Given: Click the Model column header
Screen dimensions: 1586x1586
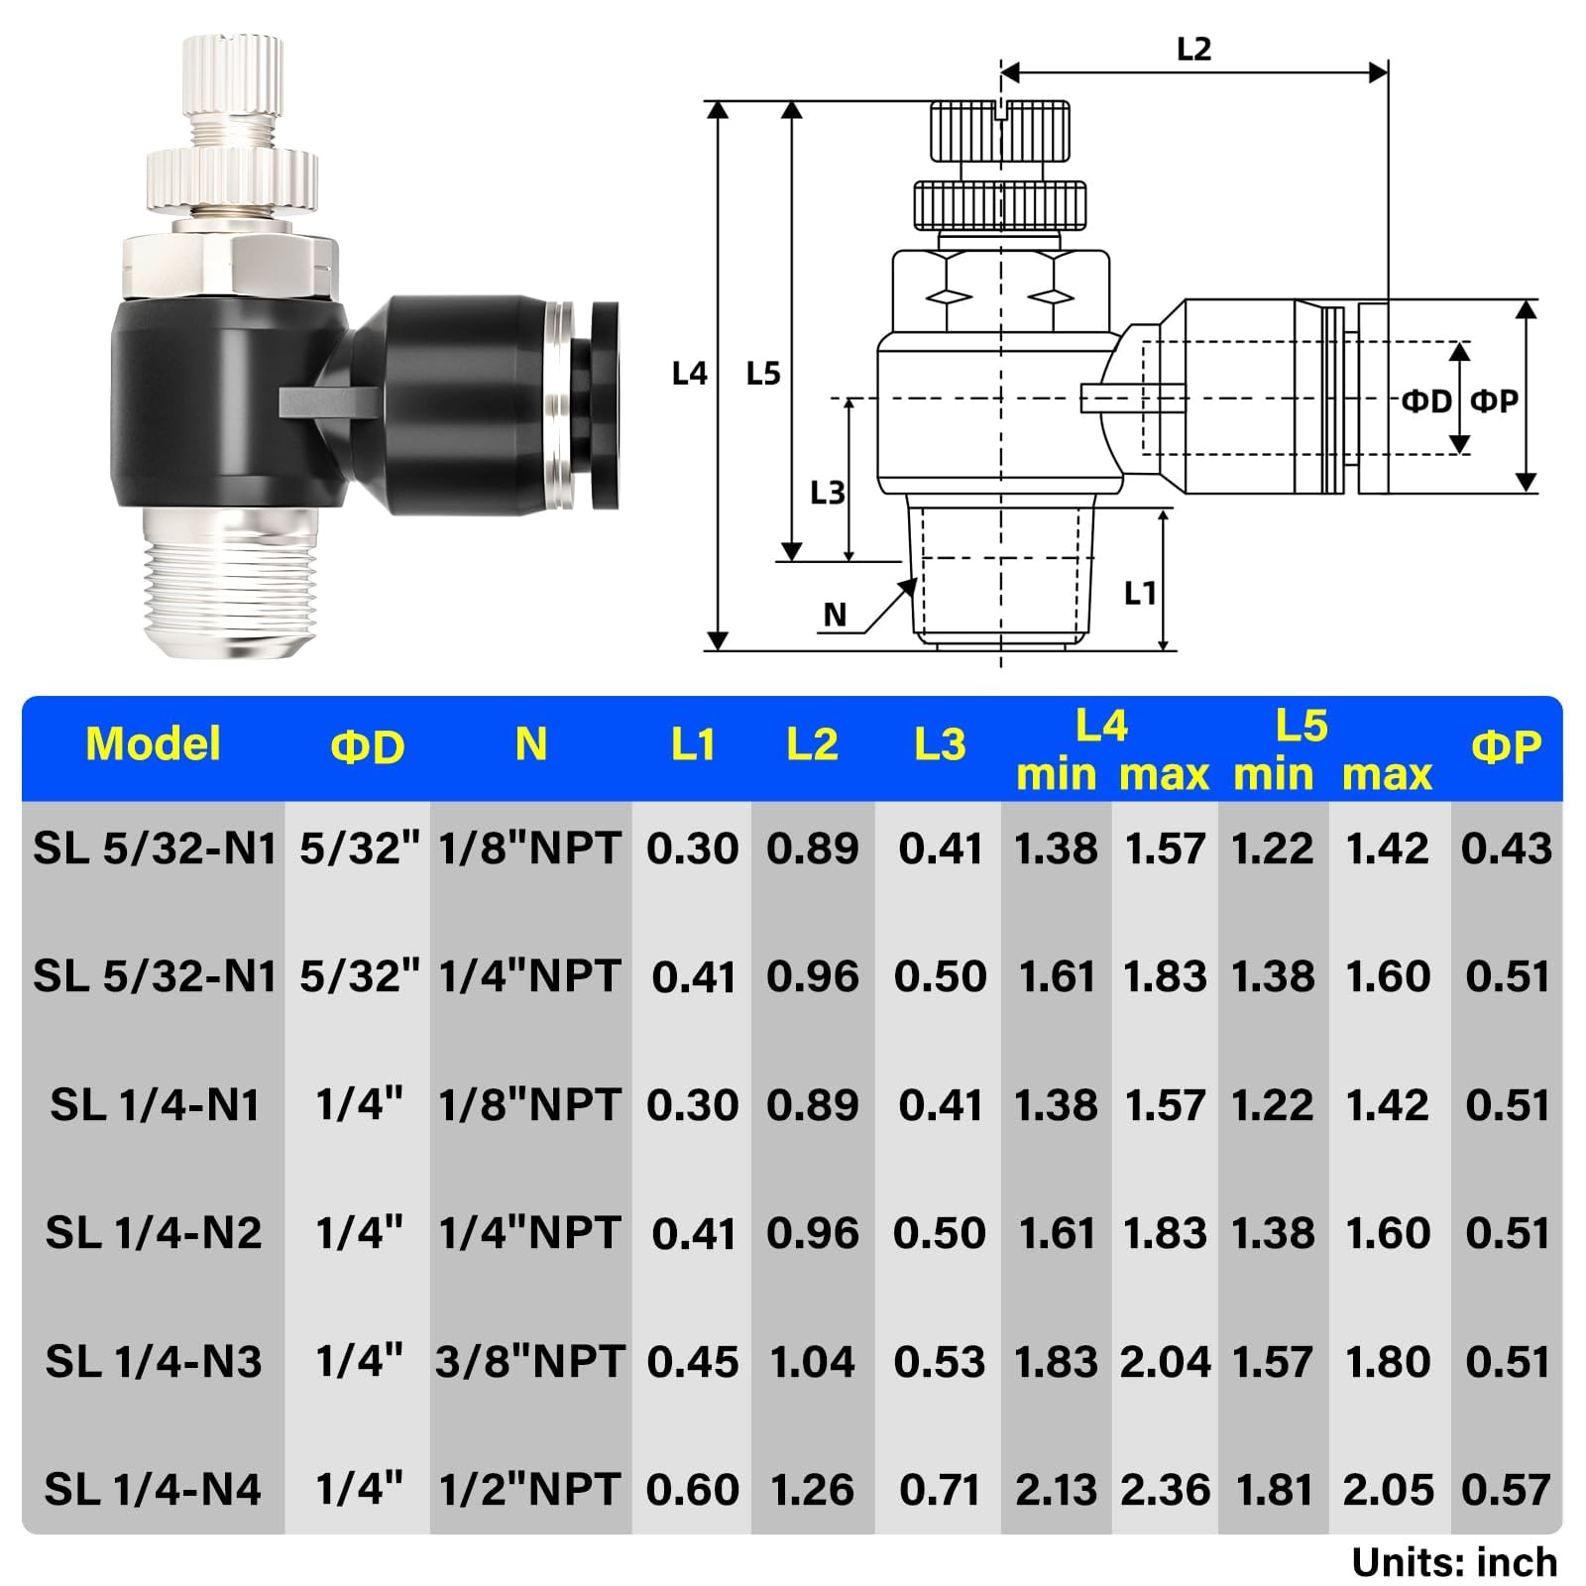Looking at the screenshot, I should point(153,744).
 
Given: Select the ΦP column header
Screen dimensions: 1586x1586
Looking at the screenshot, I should point(1506,747).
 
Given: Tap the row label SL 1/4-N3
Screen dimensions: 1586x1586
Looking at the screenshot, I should point(154,1362).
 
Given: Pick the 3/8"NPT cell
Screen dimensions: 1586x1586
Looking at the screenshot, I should point(529,1362).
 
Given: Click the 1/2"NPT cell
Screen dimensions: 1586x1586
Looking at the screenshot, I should point(529,1490).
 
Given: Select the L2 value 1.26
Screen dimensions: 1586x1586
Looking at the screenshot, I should point(812,1490).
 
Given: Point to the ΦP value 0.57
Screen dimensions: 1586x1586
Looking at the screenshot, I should point(1506,1490).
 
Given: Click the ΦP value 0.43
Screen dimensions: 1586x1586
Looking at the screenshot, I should point(1506,849).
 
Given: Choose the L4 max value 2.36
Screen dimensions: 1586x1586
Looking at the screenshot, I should point(1165,1490).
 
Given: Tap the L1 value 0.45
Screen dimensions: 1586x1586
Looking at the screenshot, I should point(692,1362).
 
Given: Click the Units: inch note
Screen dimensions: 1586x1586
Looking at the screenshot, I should point(1454,1563).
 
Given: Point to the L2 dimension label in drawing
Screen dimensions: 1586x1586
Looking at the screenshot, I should point(1193,49).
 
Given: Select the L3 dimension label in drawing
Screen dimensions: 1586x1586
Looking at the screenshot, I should point(827,493).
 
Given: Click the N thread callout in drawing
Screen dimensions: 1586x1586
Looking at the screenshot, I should point(835,616).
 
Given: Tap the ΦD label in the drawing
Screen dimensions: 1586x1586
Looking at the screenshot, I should point(1425,401).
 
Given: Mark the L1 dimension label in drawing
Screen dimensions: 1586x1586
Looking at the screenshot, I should point(1140,594).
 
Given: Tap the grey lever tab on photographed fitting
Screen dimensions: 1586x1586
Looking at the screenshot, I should point(327,401).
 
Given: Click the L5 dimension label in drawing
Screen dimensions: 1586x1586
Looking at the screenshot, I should point(763,374).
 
